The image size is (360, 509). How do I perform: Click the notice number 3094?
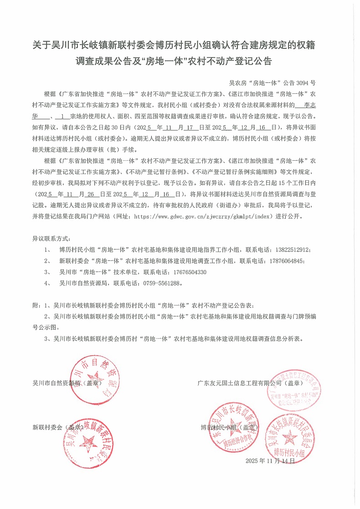(302, 83)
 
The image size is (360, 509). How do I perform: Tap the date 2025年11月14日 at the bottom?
(271, 461)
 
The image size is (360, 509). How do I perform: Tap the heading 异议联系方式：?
(51, 239)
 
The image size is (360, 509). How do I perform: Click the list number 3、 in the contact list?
(47, 272)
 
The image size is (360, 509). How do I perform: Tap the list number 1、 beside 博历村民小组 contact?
(47, 250)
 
